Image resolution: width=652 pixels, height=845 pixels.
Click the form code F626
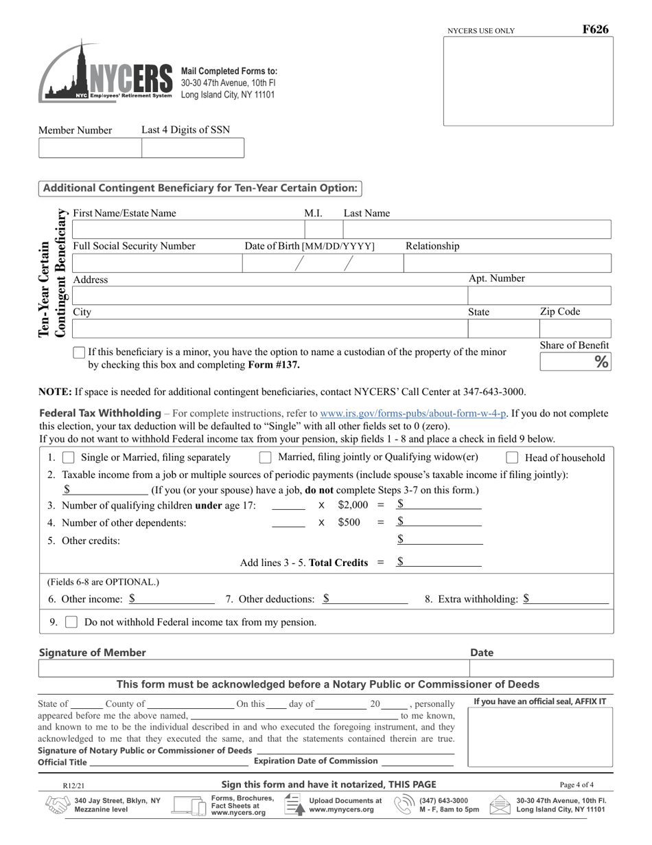(595, 30)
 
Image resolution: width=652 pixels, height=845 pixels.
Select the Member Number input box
(90, 148)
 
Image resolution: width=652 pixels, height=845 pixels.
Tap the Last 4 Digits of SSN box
(192, 148)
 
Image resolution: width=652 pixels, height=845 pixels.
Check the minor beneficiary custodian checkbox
(79, 352)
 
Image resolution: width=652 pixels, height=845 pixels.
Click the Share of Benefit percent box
(574, 362)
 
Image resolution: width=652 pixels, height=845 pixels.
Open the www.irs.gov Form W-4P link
(413, 414)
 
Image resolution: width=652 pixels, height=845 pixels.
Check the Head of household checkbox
(512, 458)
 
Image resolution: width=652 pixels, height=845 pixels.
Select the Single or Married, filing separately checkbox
(69, 458)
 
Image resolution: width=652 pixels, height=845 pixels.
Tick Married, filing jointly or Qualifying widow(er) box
(265, 458)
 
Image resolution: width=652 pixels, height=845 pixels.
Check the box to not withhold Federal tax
(71, 622)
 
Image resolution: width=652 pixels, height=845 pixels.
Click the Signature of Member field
(253, 668)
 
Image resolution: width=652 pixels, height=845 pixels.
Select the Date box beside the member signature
(541, 668)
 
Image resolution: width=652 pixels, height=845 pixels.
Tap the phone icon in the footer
(404, 804)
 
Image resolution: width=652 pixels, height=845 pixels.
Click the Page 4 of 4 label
(577, 785)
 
